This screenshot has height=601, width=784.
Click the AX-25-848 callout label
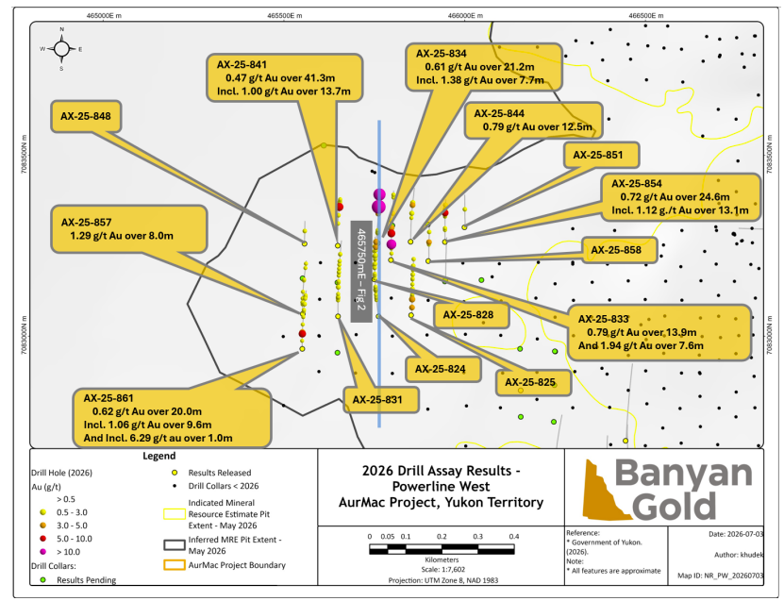[86, 116]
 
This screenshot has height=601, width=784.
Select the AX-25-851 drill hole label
[602, 155]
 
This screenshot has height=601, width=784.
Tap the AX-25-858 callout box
[620, 250]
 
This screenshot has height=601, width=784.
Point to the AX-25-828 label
[472, 315]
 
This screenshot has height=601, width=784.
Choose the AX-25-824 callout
[443, 370]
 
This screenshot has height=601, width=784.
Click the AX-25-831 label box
[380, 400]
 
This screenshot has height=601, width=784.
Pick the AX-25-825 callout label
[533, 382]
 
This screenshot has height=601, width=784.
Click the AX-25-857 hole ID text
[87, 223]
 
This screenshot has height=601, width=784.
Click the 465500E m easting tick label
[285, 15]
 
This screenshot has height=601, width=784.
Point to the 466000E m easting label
[465, 15]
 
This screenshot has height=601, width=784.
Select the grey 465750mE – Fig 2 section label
[361, 272]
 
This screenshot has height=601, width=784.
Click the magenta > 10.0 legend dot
[43, 552]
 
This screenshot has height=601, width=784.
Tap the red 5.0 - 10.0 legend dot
[43, 539]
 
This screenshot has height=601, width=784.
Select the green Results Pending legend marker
[43, 580]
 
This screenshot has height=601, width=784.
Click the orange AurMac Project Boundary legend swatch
[175, 565]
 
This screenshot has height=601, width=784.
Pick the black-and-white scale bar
[442, 549]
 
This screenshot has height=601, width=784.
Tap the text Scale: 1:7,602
[443, 570]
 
